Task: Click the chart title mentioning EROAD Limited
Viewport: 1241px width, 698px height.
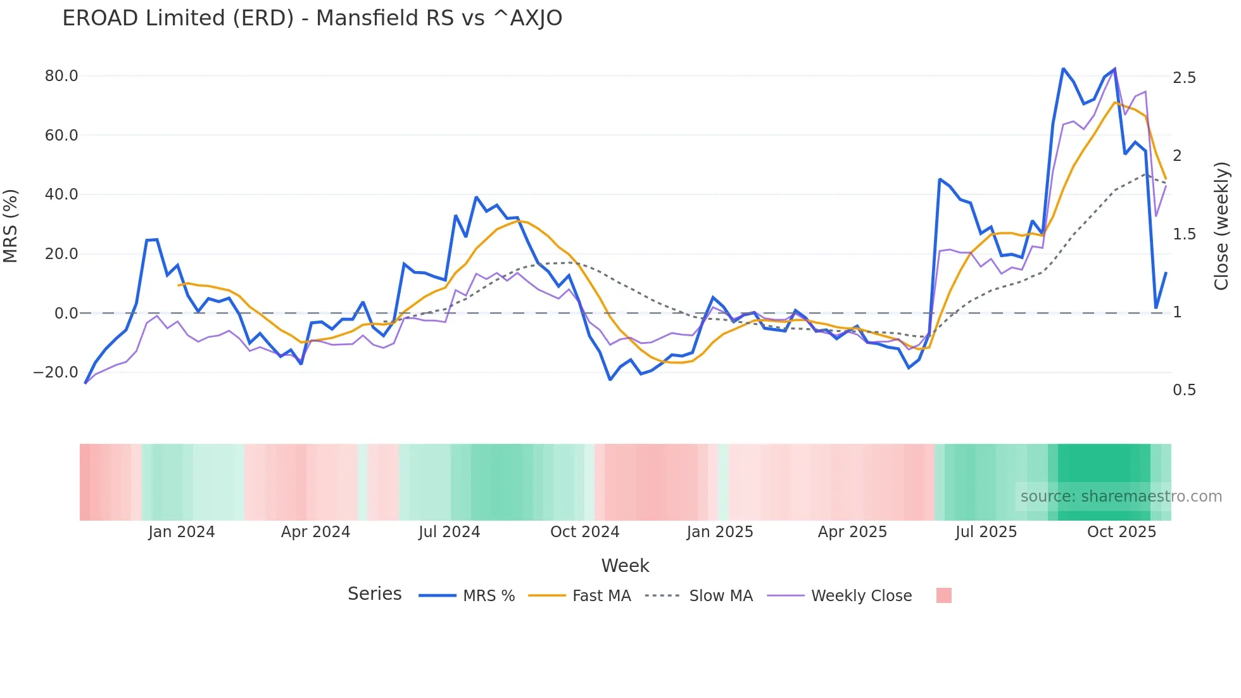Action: (x=312, y=18)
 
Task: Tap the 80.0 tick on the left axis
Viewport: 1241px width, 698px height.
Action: (x=61, y=76)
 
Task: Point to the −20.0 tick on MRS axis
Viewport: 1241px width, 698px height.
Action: (x=56, y=372)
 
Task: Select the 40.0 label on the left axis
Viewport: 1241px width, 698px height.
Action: (x=61, y=194)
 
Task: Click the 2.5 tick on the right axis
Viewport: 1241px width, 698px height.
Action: (x=1184, y=78)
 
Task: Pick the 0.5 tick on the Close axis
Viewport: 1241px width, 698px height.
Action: (x=1184, y=390)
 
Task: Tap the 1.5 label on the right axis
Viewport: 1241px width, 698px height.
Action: (x=1184, y=234)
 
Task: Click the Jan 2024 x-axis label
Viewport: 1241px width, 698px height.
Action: (x=182, y=532)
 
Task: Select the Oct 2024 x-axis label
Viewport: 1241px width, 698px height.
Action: (x=584, y=532)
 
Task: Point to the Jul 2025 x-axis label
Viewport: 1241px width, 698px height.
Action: (x=986, y=532)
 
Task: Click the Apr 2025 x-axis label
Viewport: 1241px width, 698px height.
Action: (x=852, y=532)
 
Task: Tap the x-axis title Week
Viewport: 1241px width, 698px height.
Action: (x=625, y=566)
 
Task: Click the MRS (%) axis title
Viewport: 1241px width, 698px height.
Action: (x=11, y=226)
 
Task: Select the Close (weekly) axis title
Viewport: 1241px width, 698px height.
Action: (x=1221, y=226)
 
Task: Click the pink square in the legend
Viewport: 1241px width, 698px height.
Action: (x=943, y=595)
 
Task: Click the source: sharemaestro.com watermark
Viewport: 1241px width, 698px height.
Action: (x=1121, y=497)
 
